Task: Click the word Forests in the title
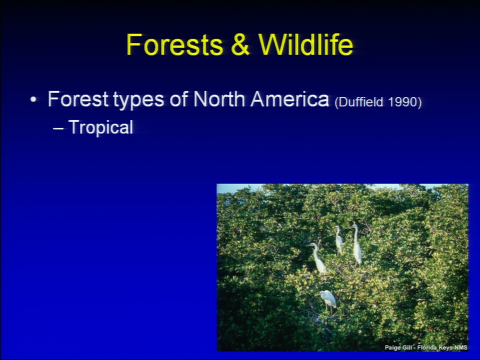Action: point(174,44)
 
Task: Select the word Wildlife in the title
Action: point(305,44)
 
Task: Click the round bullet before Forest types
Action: point(33,99)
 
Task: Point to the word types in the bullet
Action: point(138,100)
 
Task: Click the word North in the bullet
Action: point(219,99)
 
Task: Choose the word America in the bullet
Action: point(289,99)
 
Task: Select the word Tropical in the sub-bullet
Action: point(101,127)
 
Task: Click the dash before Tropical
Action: point(58,128)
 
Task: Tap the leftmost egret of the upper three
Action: point(318,258)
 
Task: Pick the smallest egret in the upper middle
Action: point(338,240)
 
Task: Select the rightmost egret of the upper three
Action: point(356,244)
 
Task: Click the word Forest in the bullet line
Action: point(78,99)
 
